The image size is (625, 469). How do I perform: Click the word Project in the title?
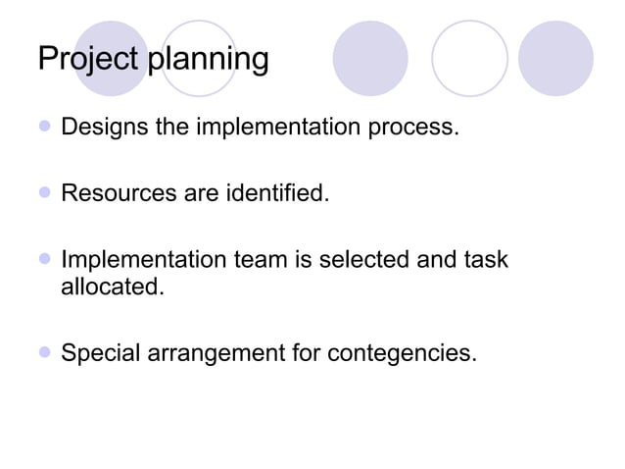89,59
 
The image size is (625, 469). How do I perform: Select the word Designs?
102,128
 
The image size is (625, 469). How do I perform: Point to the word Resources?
119,193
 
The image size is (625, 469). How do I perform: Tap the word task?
488,260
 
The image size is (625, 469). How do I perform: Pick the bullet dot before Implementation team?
44,260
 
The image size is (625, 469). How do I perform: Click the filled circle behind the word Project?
111,58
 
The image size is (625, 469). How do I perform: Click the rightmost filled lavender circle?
555,58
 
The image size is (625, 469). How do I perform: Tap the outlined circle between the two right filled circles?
469,58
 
